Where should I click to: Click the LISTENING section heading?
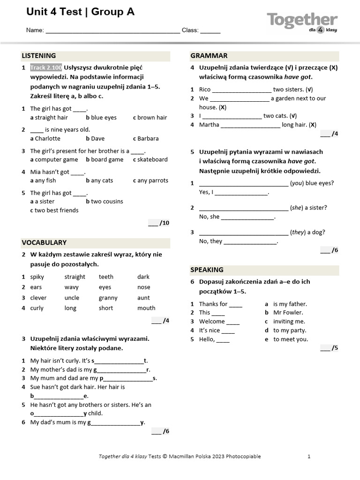pos(39,56)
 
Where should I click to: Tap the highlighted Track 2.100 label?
pos(46,67)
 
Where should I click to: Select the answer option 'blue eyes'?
pos(104,118)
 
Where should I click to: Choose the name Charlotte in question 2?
pos(47,139)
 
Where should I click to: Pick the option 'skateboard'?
pos(152,160)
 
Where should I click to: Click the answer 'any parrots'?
pos(153,180)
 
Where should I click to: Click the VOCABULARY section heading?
pos(44,243)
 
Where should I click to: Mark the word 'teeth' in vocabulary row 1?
pos(106,277)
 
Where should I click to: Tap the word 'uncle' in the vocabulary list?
pos(72,298)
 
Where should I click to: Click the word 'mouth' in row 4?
pos(146,308)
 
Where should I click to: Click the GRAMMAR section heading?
pos(209,56)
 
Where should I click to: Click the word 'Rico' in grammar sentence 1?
pos(205,90)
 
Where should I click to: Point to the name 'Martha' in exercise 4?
pos(209,125)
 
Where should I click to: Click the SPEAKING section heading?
pos(207,270)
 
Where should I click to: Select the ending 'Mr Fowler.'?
pos(288,313)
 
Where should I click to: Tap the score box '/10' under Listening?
pos(159,223)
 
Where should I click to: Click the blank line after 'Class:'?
pos(210,30)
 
